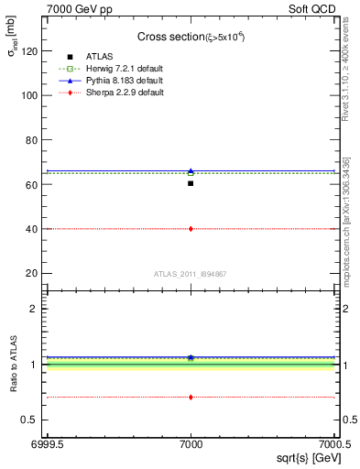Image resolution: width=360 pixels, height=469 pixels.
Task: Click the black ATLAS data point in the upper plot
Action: coord(191,183)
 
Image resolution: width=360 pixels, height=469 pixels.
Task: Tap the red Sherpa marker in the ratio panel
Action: coord(191,397)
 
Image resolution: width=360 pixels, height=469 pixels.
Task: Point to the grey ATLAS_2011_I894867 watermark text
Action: coord(190,273)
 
